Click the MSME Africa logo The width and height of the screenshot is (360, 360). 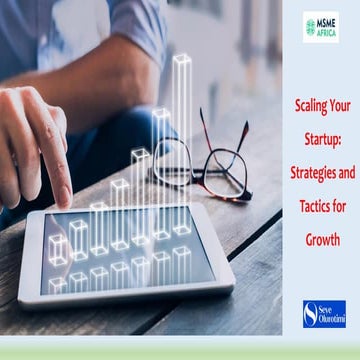[x=321, y=27]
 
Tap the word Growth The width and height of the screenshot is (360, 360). [x=322, y=240]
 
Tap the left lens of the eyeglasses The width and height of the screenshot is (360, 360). [x=173, y=160]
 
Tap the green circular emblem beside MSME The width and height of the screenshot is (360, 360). [x=310, y=27]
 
